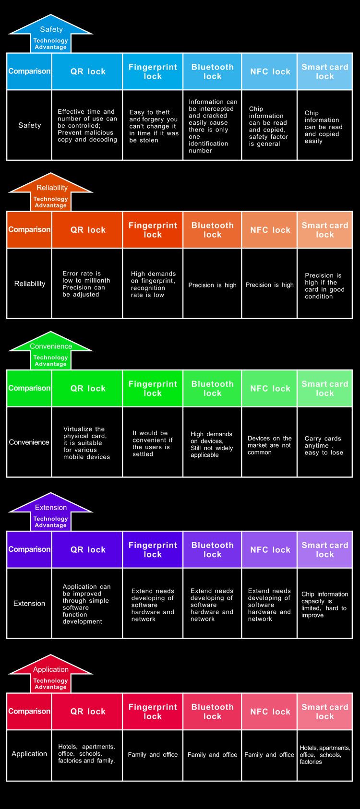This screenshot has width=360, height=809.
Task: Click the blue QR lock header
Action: [87, 71]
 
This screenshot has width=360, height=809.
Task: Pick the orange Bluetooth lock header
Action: [212, 230]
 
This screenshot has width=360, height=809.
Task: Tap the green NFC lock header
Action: [269, 388]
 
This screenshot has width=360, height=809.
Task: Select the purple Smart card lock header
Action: [324, 549]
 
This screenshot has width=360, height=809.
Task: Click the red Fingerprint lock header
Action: [153, 711]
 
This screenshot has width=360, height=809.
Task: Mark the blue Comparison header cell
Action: [29, 71]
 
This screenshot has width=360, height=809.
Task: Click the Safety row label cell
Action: [29, 125]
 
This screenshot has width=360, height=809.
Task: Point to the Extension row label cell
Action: [29, 603]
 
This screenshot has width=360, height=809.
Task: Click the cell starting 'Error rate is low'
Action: [87, 284]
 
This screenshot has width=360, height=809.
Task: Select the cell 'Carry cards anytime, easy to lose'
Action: [324, 442]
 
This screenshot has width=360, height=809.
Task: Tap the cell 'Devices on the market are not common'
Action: [269, 442]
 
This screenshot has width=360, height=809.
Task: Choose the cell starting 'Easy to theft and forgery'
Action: [153, 125]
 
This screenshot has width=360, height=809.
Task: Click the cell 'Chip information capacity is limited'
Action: [324, 603]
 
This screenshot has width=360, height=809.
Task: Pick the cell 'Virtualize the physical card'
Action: [87, 442]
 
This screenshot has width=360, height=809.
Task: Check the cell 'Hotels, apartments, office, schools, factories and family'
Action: [87, 755]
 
